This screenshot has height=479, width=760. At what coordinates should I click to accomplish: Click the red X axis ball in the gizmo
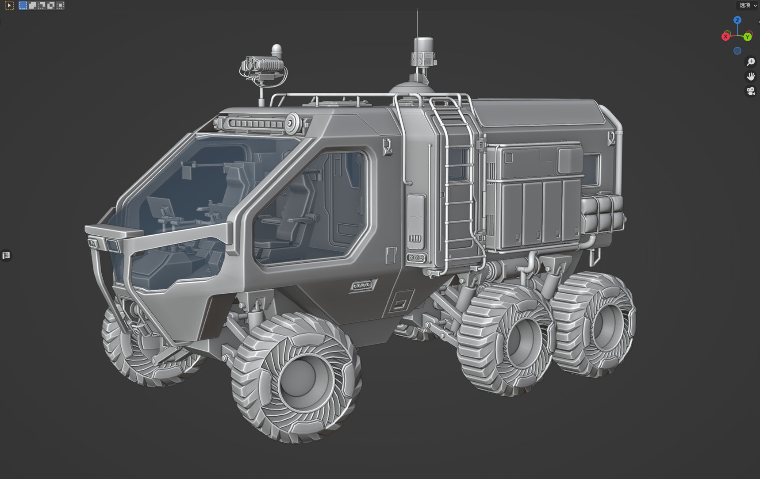tap(725, 37)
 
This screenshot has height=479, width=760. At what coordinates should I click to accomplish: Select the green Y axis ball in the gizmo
tap(748, 37)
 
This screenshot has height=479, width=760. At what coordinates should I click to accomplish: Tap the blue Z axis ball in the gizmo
tap(737, 20)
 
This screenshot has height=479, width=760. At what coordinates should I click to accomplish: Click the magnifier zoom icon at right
tap(751, 62)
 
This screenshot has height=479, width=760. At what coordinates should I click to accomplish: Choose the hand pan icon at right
tap(751, 77)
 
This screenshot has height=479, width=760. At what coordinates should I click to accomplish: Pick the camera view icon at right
tap(751, 92)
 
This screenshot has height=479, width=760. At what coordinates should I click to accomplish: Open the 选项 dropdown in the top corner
tap(748, 5)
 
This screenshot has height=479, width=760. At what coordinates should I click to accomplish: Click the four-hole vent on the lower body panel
tap(362, 285)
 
